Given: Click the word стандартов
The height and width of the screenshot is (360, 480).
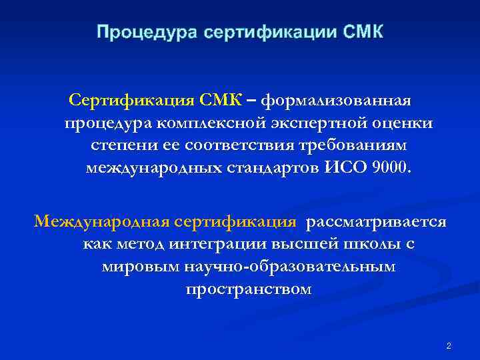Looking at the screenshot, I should tap(275, 167).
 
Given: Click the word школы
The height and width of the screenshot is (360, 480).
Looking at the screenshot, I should tap(371, 245).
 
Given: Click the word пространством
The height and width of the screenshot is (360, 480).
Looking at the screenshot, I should tap(248, 289).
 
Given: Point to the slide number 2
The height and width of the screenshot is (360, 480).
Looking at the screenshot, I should tap(449, 345).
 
